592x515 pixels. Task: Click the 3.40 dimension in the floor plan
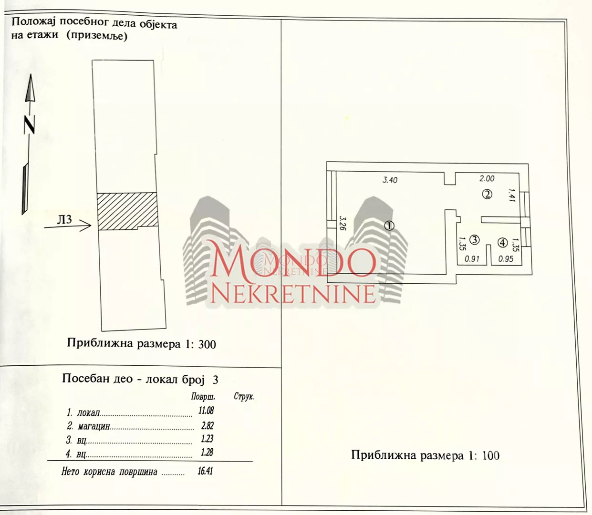tap(390, 180)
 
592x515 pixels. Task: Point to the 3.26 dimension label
tap(342, 223)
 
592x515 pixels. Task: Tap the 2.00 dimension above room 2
tap(487, 178)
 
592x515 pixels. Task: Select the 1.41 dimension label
tap(511, 195)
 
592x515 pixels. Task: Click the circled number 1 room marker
tap(389, 226)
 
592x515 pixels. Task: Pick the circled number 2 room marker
tap(487, 194)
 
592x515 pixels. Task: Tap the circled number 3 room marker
tap(474, 240)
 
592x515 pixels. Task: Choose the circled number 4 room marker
tap(502, 243)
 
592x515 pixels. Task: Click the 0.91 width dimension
tap(472, 259)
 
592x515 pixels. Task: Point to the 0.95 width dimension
tap(506, 259)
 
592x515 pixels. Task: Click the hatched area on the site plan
tap(127, 211)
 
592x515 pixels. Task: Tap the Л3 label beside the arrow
tap(64, 219)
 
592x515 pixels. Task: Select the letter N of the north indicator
tap(30, 125)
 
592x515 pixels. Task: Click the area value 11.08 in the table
tap(206, 410)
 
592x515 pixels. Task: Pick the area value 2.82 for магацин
tap(207, 425)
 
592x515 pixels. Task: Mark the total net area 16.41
tap(205, 471)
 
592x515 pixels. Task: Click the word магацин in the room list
tap(94, 426)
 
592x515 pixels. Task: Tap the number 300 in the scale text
tap(207, 344)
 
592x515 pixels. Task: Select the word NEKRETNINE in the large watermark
tap(293, 294)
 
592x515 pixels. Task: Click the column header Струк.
tap(244, 397)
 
